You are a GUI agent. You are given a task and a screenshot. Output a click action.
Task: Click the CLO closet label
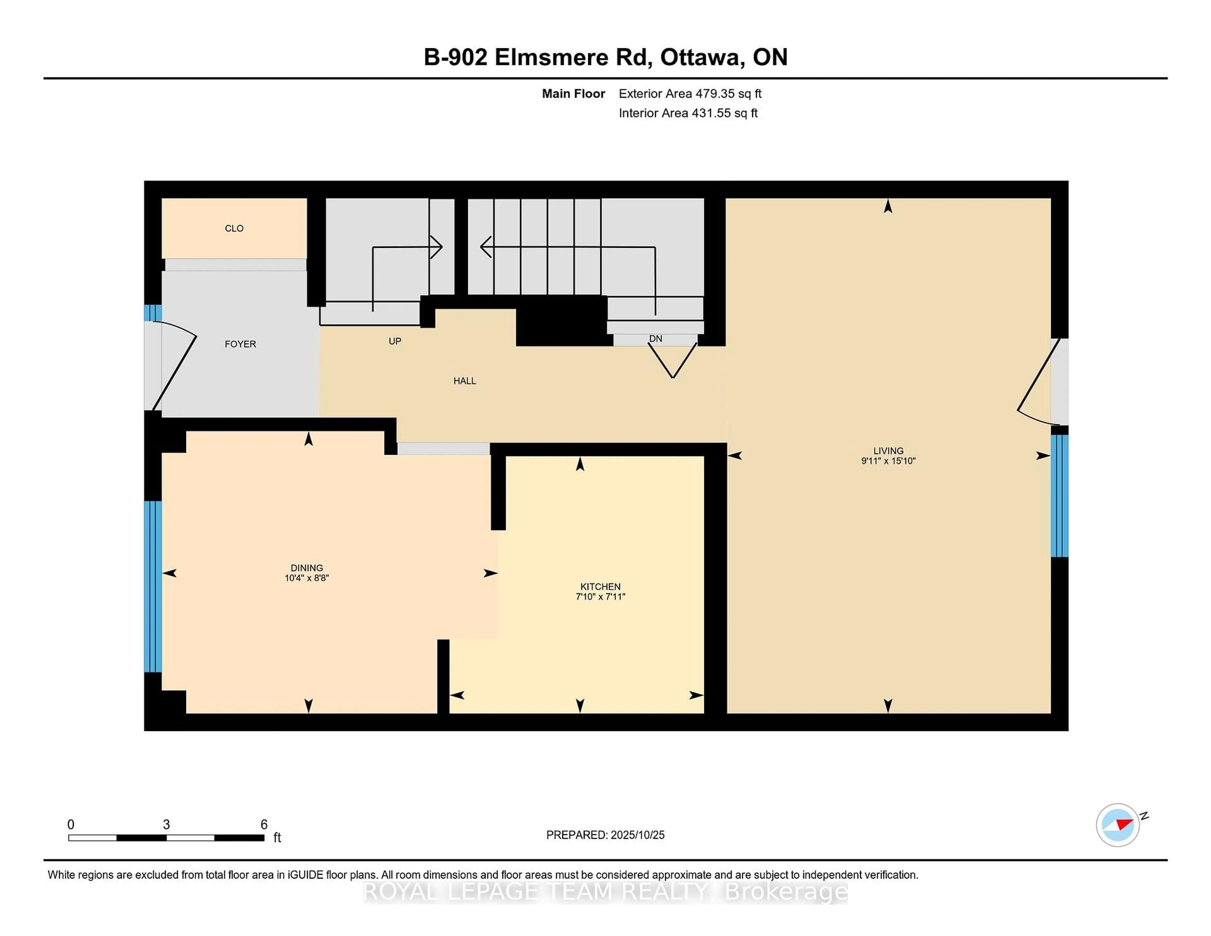pyautogui.click(x=234, y=228)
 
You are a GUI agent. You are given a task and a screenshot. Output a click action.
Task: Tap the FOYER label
pyautogui.click(x=240, y=344)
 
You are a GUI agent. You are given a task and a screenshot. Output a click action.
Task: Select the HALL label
pyautogui.click(x=465, y=381)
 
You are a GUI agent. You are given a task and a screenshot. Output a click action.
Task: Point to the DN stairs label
pyautogui.click(x=655, y=339)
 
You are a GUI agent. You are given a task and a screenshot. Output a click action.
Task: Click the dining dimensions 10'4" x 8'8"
pyautogui.click(x=307, y=578)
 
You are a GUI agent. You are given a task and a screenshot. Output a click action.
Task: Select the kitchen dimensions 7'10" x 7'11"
pyautogui.click(x=600, y=597)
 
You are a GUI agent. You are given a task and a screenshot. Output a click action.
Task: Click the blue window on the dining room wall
pyautogui.click(x=153, y=586)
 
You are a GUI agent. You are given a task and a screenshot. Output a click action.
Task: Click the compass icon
pyautogui.click(x=1117, y=825)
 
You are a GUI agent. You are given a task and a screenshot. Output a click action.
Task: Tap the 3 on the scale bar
pyautogui.click(x=166, y=825)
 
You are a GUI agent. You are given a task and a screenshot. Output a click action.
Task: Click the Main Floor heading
pyautogui.click(x=573, y=94)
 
